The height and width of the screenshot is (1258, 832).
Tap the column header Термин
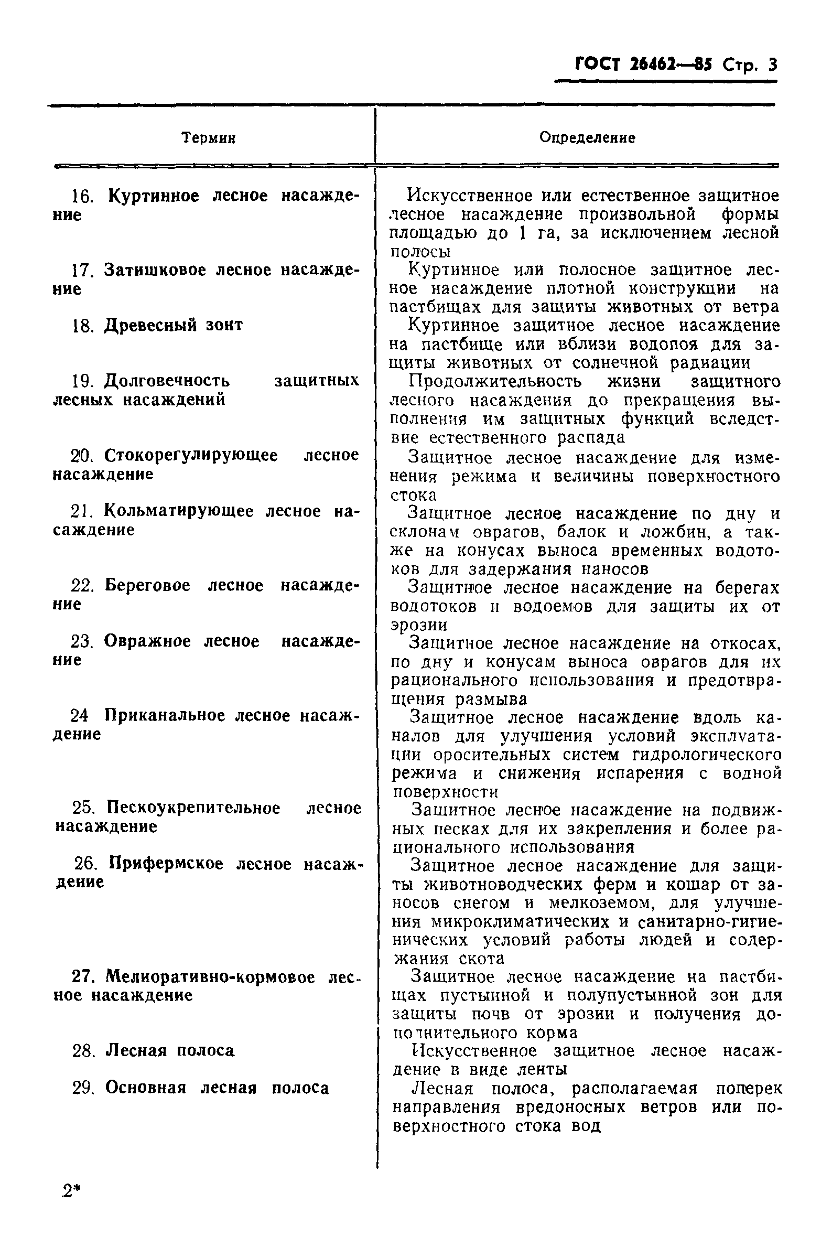point(209,138)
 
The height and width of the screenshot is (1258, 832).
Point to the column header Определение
point(587,138)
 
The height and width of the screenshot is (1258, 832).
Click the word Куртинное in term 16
point(154,196)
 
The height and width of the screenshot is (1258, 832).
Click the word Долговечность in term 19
point(167,381)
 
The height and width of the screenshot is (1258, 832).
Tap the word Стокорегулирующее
point(190,455)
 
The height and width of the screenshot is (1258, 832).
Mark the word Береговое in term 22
point(147,586)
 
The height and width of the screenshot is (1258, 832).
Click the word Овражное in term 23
point(147,641)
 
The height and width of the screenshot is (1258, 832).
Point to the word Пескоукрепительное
point(193,808)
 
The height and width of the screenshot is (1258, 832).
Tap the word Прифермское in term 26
point(166,864)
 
